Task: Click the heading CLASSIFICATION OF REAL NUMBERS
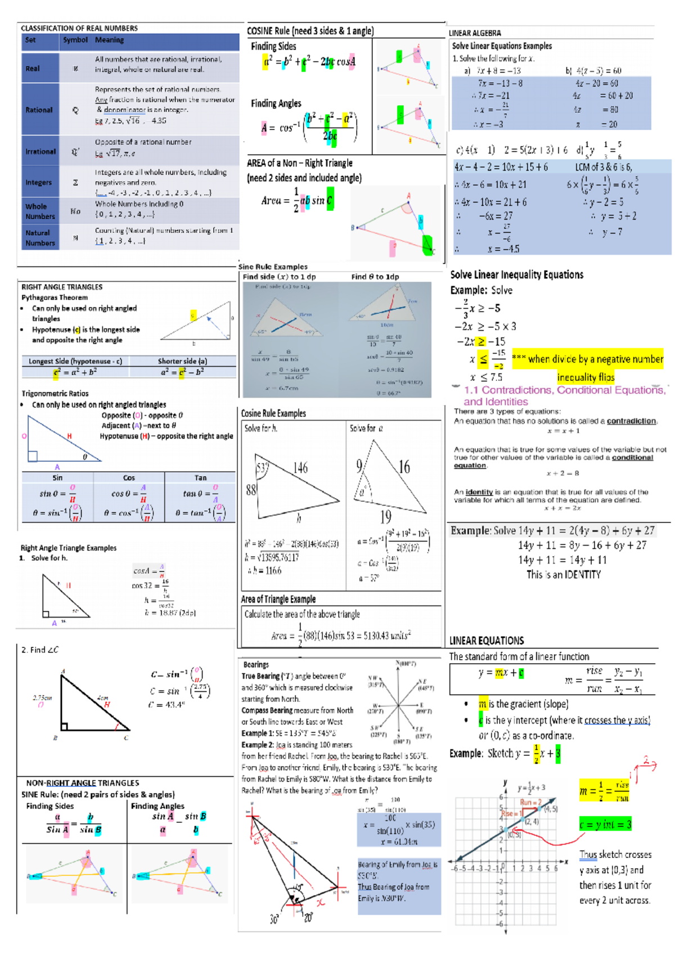pyautogui.click(x=79, y=28)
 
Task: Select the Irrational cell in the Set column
pyautogui.click(x=40, y=151)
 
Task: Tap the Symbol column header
pyautogui.click(x=75, y=40)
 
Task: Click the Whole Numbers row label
pyautogui.click(x=40, y=211)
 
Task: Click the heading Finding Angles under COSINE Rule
pyautogui.click(x=276, y=103)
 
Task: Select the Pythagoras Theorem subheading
pyautogui.click(x=55, y=298)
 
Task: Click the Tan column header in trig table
pyautogui.click(x=200, y=477)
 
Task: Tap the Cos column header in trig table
pyautogui.click(x=129, y=477)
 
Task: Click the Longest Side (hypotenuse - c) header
pyautogui.click(x=75, y=361)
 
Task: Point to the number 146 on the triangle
pyautogui.click(x=300, y=467)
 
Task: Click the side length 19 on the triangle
pyautogui.click(x=385, y=516)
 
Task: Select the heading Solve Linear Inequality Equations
pyautogui.click(x=516, y=274)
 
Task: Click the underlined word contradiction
pyautogui.click(x=631, y=421)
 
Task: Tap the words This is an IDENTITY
pyautogui.click(x=563, y=575)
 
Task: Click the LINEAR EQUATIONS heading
pyautogui.click(x=486, y=641)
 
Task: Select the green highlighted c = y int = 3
pyautogui.click(x=605, y=825)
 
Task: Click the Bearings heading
pyautogui.click(x=256, y=664)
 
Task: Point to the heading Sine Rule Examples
pyautogui.click(x=273, y=267)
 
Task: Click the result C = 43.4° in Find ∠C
pyautogui.click(x=167, y=705)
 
